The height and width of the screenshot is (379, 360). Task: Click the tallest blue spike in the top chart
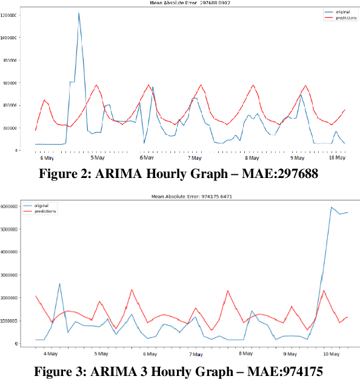coord(79,13)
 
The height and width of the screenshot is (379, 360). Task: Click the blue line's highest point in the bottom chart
coord(331,207)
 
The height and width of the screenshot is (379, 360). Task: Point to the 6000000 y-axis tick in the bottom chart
coord(13,206)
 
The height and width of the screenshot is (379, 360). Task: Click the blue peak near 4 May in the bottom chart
coord(59,283)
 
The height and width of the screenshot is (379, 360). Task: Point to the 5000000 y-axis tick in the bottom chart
coord(13,229)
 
